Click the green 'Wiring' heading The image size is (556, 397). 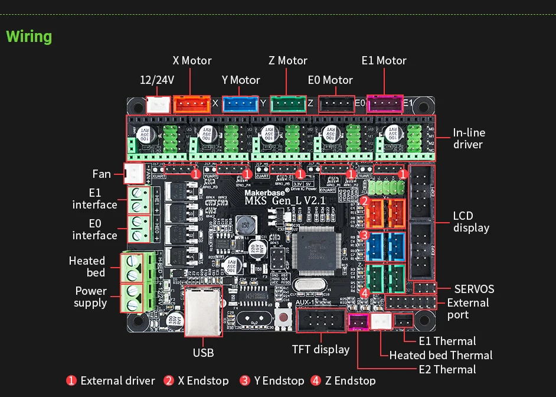(x=29, y=37)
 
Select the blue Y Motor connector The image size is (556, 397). (x=240, y=105)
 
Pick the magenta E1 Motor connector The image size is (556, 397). (x=384, y=105)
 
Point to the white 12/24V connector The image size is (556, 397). (x=158, y=105)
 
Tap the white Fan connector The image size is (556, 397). (x=134, y=173)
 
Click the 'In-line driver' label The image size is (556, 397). (x=469, y=139)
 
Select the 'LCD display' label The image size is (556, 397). (x=471, y=222)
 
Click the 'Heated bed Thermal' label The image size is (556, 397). (x=440, y=355)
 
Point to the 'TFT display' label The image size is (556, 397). (x=320, y=349)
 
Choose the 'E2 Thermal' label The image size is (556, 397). (x=447, y=369)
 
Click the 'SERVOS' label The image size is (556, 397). (x=474, y=289)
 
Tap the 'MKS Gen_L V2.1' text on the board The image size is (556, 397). (x=285, y=201)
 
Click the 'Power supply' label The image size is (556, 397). (x=91, y=297)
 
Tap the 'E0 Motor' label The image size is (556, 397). (x=330, y=80)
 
